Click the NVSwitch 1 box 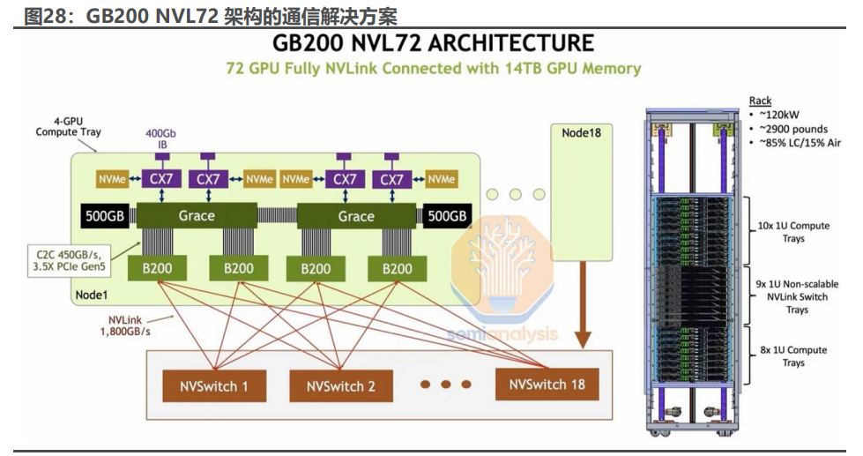[x=214, y=385]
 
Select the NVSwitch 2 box [x=340, y=385]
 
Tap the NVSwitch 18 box [x=547, y=385]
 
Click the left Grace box [x=196, y=216]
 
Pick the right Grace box [x=356, y=216]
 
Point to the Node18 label [x=582, y=132]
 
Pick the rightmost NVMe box [x=443, y=179]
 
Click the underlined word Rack [x=760, y=101]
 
